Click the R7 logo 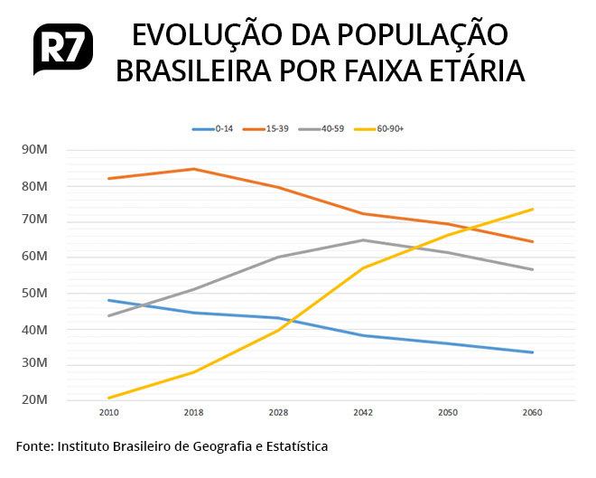63,51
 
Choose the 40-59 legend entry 330,129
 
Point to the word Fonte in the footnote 34,446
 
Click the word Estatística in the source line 293,446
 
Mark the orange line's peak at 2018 193,169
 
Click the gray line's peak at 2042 363,240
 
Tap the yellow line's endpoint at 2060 533,209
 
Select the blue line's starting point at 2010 108,300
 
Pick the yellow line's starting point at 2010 108,398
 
